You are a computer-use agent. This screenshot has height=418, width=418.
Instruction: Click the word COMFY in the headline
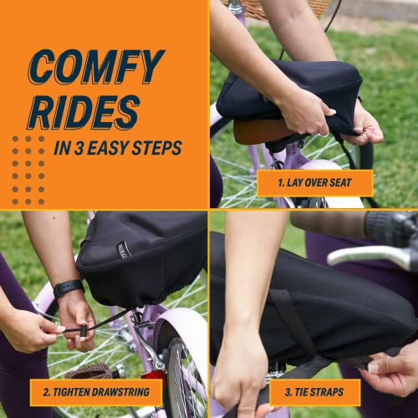pyautogui.click(x=96, y=67)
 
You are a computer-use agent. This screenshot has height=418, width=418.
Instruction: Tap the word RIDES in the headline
pyautogui.click(x=84, y=112)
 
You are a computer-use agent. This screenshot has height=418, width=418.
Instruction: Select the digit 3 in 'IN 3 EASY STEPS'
pyautogui.click(x=79, y=148)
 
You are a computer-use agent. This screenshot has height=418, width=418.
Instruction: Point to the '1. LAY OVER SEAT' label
pyautogui.click(x=315, y=183)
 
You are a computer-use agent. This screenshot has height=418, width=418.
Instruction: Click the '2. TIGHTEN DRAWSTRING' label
pyautogui.click(x=96, y=392)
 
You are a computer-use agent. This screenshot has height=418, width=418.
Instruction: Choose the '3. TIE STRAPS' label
pyautogui.click(x=314, y=392)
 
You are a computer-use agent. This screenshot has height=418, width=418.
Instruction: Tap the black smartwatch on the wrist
pyautogui.click(x=69, y=288)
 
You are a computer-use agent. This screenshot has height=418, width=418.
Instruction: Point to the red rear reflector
pyautogui.click(x=153, y=375)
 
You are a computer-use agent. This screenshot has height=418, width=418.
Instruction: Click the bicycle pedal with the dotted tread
pyautogui.click(x=90, y=371)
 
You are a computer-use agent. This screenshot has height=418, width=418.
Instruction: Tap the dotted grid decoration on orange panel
pyautogui.click(x=28, y=170)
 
